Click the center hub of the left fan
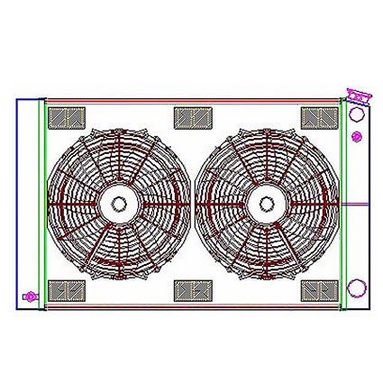[118, 204]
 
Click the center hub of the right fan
[266, 204]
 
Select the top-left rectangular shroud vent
[66, 117]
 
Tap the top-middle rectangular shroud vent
[192, 117]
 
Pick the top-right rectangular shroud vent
[319, 117]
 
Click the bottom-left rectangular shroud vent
[66, 290]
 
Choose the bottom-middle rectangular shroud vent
[192, 290]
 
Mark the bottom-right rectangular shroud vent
[319, 290]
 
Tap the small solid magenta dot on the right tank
[357, 137]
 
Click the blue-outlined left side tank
[27, 203]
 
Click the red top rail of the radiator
[192, 99]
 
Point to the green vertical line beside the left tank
[44, 203]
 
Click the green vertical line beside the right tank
[342, 203]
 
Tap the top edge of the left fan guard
[118, 129]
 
